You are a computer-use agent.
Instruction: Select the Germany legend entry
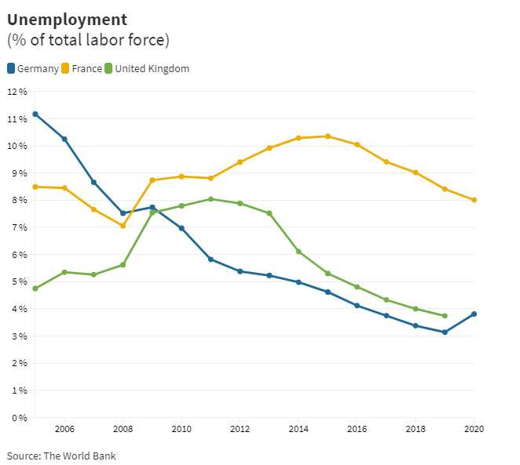pyautogui.click(x=33, y=69)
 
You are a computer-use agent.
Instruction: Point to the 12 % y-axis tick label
pyautogui.click(x=17, y=92)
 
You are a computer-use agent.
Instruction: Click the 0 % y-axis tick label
pyautogui.click(x=20, y=417)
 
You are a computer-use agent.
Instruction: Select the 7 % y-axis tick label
pyautogui.click(x=20, y=227)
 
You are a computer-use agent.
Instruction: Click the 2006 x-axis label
pyautogui.click(x=64, y=429)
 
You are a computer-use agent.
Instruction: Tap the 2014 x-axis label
pyautogui.click(x=298, y=429)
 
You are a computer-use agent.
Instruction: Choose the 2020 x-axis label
pyautogui.click(x=474, y=429)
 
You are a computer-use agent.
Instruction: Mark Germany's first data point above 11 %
pyautogui.click(x=35, y=114)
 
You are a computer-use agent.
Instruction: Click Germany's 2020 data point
pyautogui.click(x=474, y=314)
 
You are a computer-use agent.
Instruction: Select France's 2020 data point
pyautogui.click(x=474, y=200)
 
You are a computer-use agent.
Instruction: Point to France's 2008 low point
pyautogui.click(x=123, y=226)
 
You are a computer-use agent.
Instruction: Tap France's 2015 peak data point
pyautogui.click(x=328, y=136)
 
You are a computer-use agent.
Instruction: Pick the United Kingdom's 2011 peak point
pyautogui.click(x=211, y=199)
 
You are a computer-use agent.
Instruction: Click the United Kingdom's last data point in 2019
pyautogui.click(x=445, y=316)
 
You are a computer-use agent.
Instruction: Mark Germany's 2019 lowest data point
pyautogui.click(x=445, y=332)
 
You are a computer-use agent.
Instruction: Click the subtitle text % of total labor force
pyautogui.click(x=88, y=40)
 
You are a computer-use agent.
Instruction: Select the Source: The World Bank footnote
pyautogui.click(x=61, y=456)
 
